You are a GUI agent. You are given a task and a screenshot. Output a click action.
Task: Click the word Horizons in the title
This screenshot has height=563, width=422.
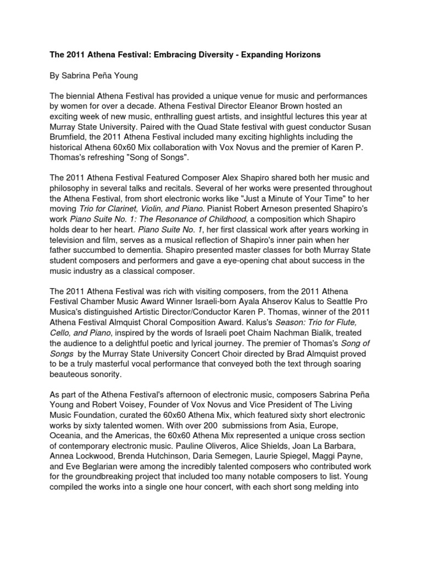[x=301, y=56]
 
